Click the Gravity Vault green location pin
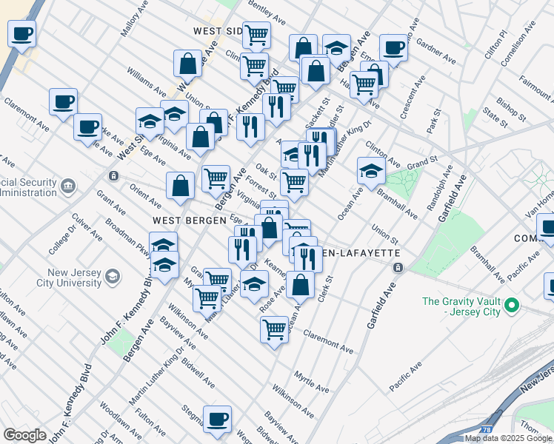click(513, 305)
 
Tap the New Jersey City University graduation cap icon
click(113, 277)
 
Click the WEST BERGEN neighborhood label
click(184, 221)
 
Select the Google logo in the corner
click(24, 435)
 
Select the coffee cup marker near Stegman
click(217, 419)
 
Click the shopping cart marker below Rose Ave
click(274, 328)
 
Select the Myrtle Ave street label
click(311, 381)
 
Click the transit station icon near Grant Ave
click(113, 176)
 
